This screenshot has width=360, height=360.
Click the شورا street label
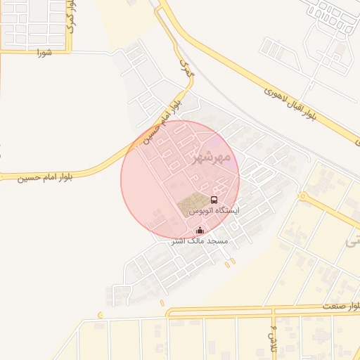[45, 53]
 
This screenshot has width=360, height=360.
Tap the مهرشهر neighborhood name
[211, 157]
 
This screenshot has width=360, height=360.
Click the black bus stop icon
[214, 200]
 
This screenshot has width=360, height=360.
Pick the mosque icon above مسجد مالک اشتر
[200, 230]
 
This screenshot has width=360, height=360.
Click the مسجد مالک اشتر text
[200, 240]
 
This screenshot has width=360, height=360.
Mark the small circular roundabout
[303, 196]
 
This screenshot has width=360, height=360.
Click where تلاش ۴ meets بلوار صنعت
[273, 310]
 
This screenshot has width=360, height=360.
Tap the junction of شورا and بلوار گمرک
[71, 51]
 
